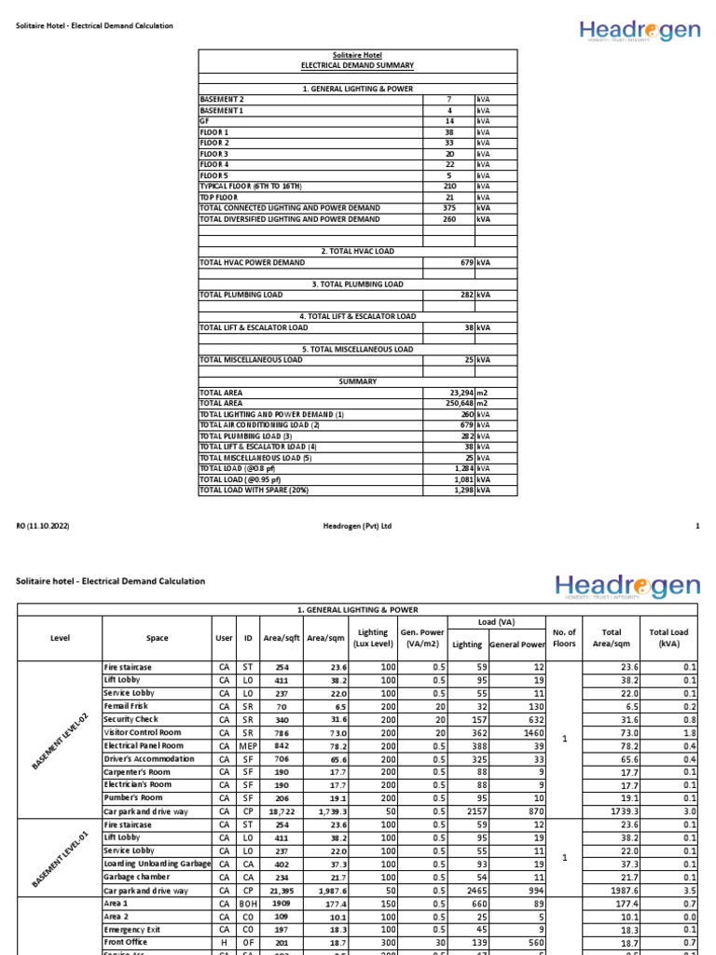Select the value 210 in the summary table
pyautogui.click(x=448, y=187)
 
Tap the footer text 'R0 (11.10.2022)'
pyautogui.click(x=43, y=526)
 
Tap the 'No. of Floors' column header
pyautogui.click(x=565, y=638)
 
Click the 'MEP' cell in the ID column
pyautogui.click(x=248, y=746)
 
